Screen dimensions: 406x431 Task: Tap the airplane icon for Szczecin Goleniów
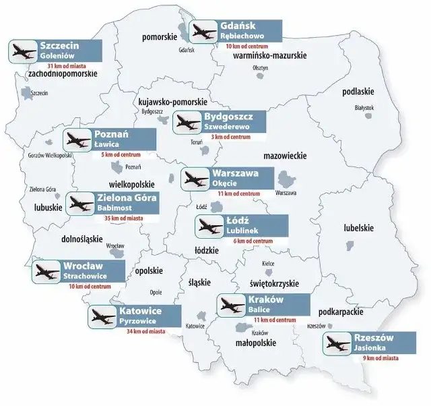pyautogui.click(x=23, y=51)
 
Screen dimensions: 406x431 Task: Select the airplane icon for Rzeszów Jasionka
pyautogui.click(x=337, y=345)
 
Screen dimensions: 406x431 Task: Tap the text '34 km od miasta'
pyautogui.click(x=143, y=331)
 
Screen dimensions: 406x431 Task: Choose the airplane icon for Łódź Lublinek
pyautogui.click(x=207, y=227)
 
